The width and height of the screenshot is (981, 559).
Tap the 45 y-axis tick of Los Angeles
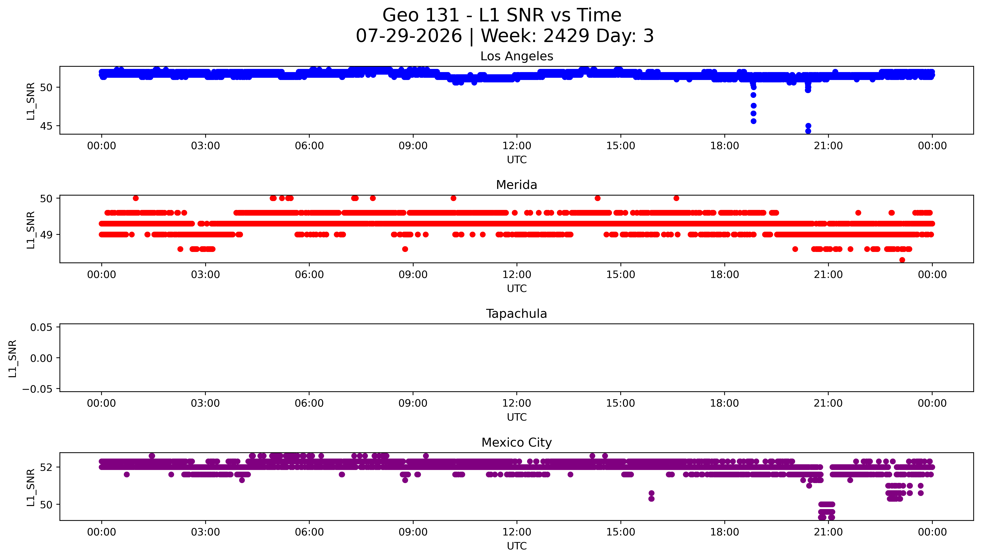46,126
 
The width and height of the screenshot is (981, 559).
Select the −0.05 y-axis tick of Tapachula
37,389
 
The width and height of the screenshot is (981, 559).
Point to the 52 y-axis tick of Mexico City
46,467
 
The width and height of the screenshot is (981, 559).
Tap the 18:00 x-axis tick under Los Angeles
724,146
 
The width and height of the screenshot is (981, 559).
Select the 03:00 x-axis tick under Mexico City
205,532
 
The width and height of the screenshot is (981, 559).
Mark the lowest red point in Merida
902,260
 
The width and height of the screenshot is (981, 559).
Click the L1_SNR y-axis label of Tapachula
13,358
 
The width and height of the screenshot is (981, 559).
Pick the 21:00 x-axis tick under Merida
828,274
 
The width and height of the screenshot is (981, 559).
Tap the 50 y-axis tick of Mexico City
46,504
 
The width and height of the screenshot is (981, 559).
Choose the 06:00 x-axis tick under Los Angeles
309,146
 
